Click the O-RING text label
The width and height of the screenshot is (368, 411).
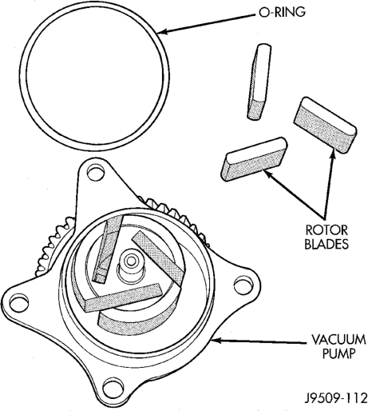pyautogui.click(x=282, y=12)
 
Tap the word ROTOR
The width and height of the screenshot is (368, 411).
pyautogui.click(x=326, y=230)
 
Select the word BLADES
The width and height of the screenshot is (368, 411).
pyautogui.click(x=326, y=244)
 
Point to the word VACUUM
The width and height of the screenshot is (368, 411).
pyautogui.click(x=338, y=340)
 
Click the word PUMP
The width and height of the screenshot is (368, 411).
pyautogui.click(x=338, y=353)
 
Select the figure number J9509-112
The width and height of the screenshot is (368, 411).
pyautogui.click(x=336, y=399)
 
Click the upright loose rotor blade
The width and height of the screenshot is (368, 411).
pyautogui.click(x=259, y=82)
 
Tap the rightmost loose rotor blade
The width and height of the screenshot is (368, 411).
pyautogui.click(x=325, y=126)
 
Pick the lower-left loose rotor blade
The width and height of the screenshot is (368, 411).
pyautogui.click(x=254, y=159)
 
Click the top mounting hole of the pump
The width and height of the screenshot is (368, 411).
pyautogui.click(x=95, y=173)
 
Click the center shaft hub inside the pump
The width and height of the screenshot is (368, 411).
pyautogui.click(x=131, y=266)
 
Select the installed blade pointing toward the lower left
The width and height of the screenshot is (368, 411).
pyautogui.click(x=123, y=297)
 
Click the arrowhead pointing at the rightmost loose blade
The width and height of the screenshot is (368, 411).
pyautogui.click(x=332, y=155)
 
